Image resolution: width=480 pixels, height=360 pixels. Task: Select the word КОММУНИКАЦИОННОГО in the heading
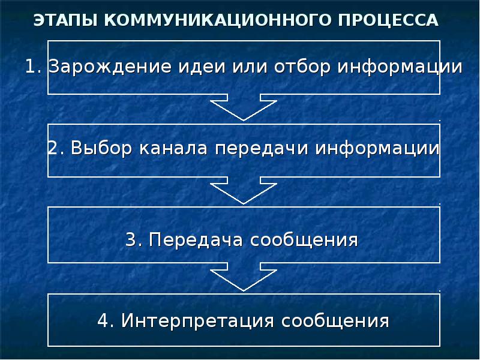pyautogui.click(x=204, y=20)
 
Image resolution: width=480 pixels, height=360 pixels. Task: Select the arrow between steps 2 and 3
pyautogui.click(x=244, y=191)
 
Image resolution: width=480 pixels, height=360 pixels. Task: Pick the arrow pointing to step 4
pyautogui.click(x=244, y=277)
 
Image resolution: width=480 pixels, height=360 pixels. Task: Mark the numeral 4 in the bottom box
pyautogui.click(x=103, y=320)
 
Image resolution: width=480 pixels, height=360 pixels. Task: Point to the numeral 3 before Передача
pyautogui.click(x=131, y=241)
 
